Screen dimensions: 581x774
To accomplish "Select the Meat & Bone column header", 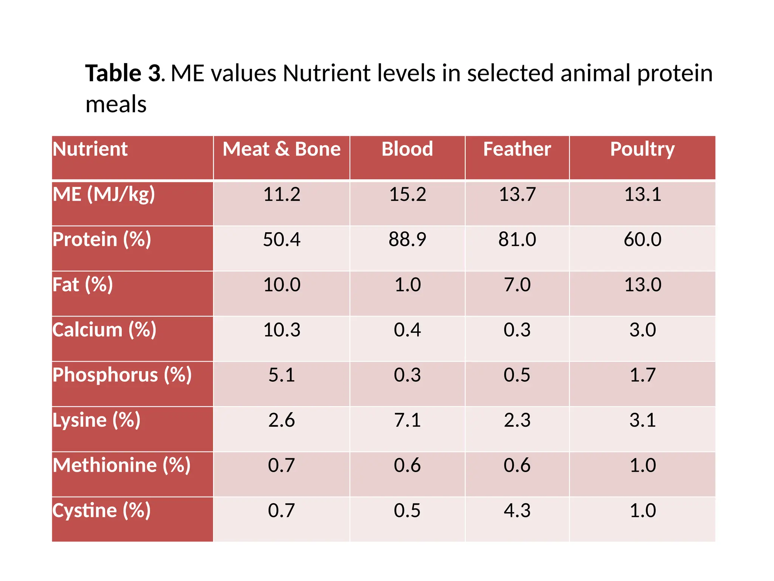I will pos(282,149).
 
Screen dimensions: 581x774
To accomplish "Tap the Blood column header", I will pos(407,149).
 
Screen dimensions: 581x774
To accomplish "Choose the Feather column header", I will pos(517,149).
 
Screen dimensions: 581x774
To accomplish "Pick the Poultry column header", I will pos(642,149).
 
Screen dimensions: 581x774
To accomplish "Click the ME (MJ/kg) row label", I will pos(104,194).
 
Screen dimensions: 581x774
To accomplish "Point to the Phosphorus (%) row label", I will pos(122,375).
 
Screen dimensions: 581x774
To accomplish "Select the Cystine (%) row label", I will pos(101,510).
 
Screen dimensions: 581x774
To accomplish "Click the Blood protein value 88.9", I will pos(407,239).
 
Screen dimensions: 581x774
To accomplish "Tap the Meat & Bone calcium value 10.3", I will pos(282,330).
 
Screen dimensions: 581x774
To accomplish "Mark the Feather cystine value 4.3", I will pos(517,510).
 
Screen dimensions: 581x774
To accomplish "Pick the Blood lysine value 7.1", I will pos(407,420).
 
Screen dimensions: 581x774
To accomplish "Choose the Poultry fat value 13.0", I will pos(642,284).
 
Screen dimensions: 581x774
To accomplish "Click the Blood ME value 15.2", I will pos(407,194).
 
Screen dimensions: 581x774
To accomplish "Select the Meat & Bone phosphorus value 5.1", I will pos(282,375).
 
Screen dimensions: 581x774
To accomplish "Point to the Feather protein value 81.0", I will pos(517,239).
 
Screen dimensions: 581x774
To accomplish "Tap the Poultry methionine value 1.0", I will pos(642,465).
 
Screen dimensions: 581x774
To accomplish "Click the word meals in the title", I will pos(116,104).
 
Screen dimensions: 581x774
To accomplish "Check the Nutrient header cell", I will pos(90,149).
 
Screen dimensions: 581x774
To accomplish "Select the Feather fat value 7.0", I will pos(517,284).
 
